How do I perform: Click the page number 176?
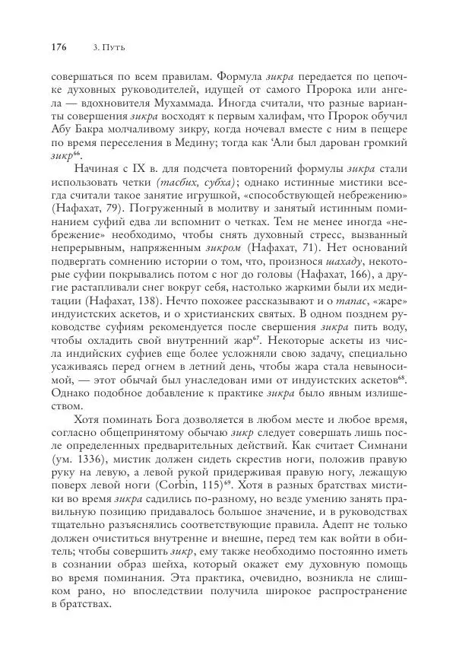(59, 47)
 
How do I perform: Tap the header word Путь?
(114, 47)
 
